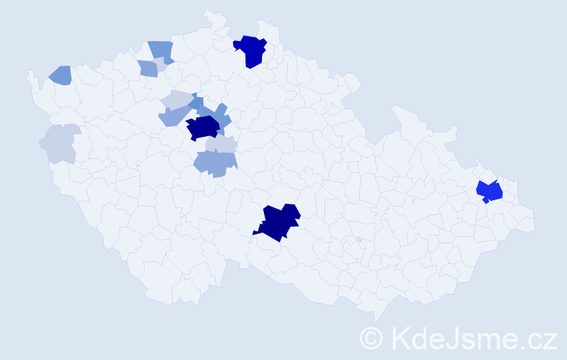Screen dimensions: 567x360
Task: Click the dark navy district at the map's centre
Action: [203, 128]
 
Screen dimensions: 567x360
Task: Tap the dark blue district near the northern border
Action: [250, 50]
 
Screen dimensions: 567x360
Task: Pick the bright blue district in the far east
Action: [489, 192]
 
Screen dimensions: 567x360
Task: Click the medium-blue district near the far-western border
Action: [60, 74]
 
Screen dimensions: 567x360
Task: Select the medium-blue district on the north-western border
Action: [162, 50]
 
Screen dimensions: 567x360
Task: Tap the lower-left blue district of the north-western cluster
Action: [148, 68]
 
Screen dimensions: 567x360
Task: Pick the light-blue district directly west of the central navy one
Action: [173, 115]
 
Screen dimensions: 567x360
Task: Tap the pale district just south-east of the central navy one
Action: [220, 144]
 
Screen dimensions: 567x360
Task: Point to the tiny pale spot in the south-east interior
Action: [358, 239]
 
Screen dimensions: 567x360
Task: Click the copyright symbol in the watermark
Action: [372, 337]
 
